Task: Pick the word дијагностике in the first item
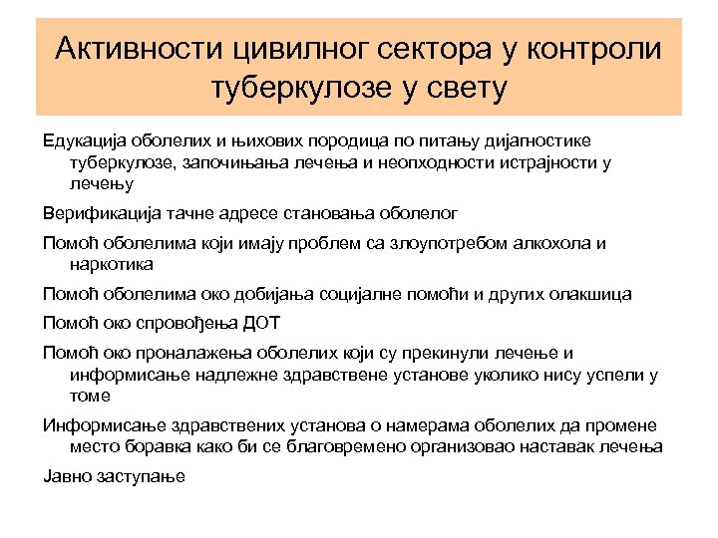(538, 141)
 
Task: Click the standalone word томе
(91, 395)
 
